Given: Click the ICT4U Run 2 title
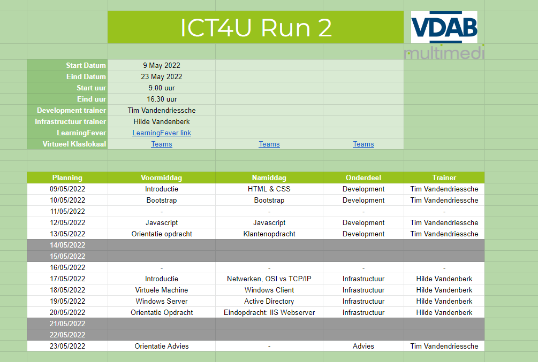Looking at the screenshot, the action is (x=256, y=27).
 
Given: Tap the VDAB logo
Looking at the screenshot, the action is (x=444, y=27).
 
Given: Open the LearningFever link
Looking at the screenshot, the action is (x=162, y=133).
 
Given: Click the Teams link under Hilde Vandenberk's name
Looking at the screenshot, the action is (x=162, y=144).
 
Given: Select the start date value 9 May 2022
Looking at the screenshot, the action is (x=162, y=65).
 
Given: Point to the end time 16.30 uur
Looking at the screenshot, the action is (x=162, y=99).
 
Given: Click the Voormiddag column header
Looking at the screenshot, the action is (x=162, y=178).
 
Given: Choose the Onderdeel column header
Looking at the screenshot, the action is (x=363, y=178).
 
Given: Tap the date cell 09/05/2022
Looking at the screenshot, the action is (x=67, y=189).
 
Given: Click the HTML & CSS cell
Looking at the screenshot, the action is (x=269, y=189).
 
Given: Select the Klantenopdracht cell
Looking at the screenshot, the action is (x=269, y=234).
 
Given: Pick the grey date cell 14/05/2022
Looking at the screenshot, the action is (x=67, y=245).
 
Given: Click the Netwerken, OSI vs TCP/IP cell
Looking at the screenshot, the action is (x=269, y=279).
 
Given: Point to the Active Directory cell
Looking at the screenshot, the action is (x=269, y=302).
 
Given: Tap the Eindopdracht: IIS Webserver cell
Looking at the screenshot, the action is (x=269, y=313).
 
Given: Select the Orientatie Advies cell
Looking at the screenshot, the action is (x=162, y=346).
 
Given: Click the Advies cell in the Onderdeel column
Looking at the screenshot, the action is (x=363, y=346).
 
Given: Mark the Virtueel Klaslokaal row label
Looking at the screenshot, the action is (x=74, y=144).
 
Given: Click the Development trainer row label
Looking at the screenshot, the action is (x=71, y=111).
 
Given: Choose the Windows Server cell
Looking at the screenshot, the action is (x=162, y=302).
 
